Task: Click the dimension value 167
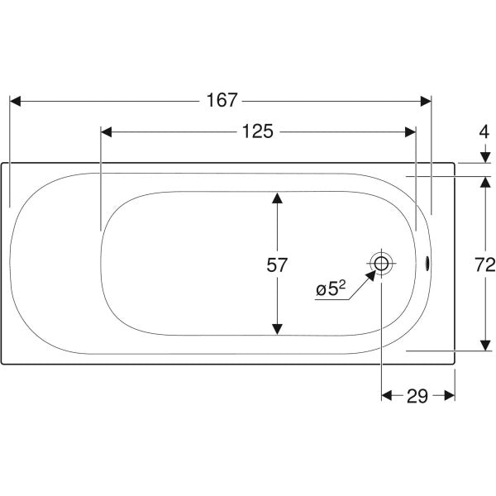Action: (x=222, y=100)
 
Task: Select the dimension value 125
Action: (x=257, y=131)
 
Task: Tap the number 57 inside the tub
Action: (x=277, y=265)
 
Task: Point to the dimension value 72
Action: (x=485, y=265)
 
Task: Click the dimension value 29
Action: (x=417, y=396)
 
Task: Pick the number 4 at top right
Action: (x=484, y=132)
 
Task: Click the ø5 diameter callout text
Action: (x=331, y=289)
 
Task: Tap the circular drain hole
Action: (x=381, y=263)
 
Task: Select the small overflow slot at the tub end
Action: (x=427, y=264)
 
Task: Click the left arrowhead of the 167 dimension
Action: (x=15, y=101)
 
